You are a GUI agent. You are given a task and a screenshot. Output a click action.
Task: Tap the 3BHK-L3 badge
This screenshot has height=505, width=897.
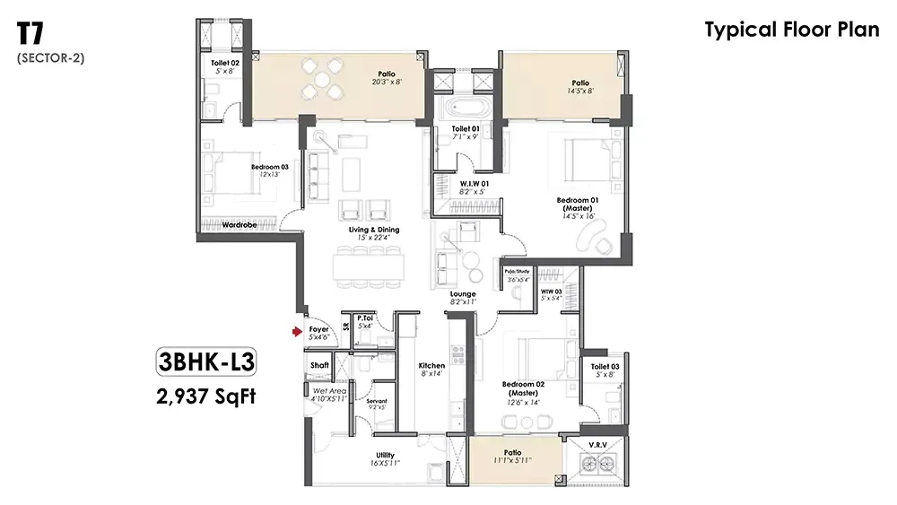point(206,362)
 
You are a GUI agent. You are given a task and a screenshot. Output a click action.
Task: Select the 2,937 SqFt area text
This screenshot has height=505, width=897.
point(205,395)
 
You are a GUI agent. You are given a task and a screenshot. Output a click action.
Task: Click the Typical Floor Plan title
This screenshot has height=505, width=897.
point(792,30)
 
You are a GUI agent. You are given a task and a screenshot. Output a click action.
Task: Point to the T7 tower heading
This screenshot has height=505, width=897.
point(32,34)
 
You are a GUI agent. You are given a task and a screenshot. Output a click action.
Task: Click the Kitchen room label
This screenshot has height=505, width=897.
point(431,366)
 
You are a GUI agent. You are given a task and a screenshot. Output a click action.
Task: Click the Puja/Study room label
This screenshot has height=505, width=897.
point(518,271)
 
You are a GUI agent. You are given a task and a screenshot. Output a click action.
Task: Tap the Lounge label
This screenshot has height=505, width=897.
point(463,294)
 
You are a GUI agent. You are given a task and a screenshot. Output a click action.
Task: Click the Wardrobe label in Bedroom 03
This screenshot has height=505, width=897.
point(240,224)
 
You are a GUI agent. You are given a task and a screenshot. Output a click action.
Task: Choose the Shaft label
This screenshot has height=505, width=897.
point(319,365)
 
